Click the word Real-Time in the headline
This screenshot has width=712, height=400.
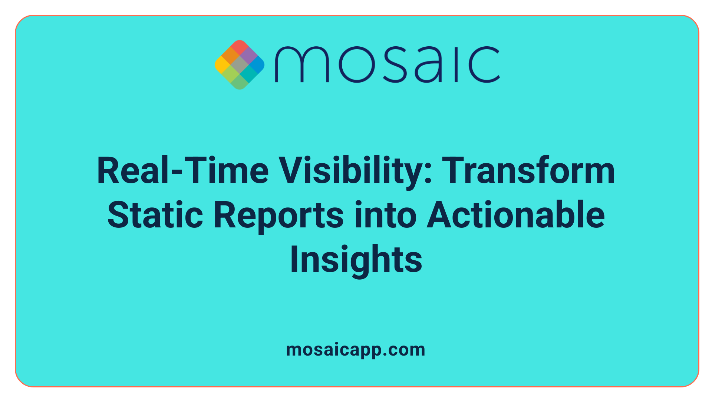pyautogui.click(x=182, y=171)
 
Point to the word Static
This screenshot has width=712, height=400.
pyautogui.click(x=155, y=215)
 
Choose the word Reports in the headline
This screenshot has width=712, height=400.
pyautogui.click(x=278, y=215)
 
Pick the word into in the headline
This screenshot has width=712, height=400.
pyautogui.click(x=385, y=215)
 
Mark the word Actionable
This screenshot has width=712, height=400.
pyautogui.click(x=516, y=215)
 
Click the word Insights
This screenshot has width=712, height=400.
pyautogui.click(x=356, y=260)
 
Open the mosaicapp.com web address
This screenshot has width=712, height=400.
pyautogui.click(x=356, y=350)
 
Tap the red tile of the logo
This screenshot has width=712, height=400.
pyautogui.click(x=240, y=47)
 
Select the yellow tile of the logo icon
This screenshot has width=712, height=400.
pyautogui.click(x=222, y=65)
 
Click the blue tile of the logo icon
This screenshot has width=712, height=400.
pyautogui.click(x=257, y=65)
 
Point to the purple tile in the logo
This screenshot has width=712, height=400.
pyautogui.click(x=248, y=56)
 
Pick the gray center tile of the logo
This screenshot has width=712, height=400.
pyautogui.click(x=240, y=65)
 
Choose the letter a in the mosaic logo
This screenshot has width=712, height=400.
pyautogui.click(x=428, y=65)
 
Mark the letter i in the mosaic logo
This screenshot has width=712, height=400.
pyautogui.click(x=456, y=65)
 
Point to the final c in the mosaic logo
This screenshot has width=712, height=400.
pyautogui.click(x=484, y=65)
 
